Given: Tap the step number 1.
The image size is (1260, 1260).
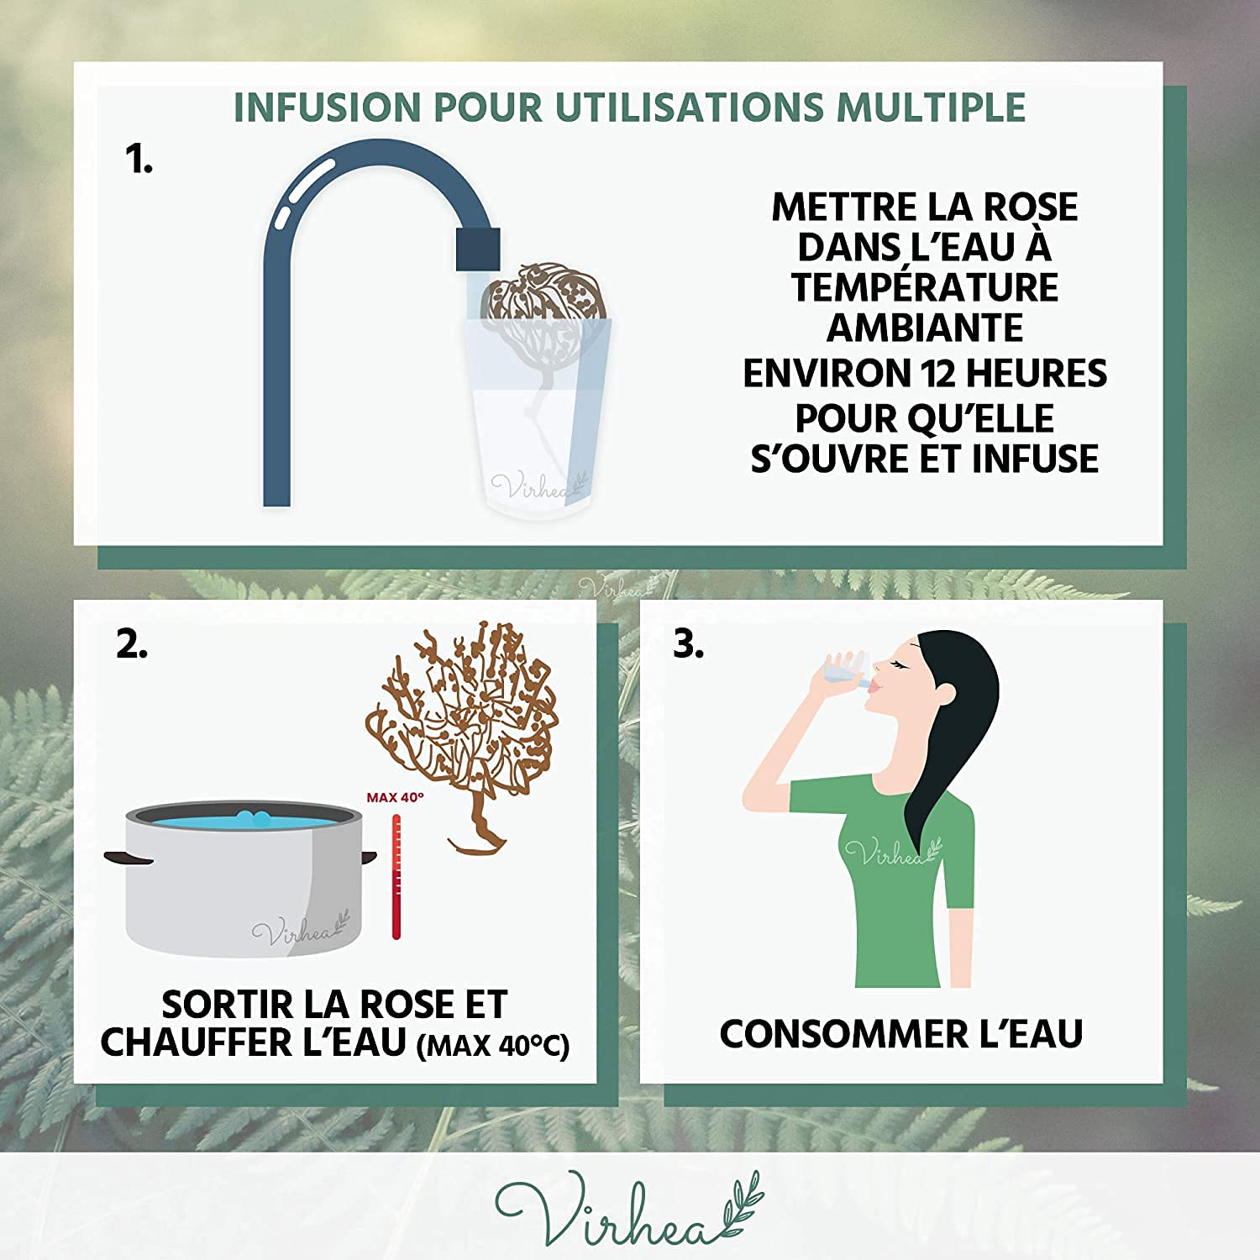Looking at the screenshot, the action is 139,159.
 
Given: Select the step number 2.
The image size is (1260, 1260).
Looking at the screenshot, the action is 132,644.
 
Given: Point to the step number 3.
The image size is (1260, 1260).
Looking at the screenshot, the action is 689,644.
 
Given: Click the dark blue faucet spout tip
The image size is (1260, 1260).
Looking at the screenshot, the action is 478,249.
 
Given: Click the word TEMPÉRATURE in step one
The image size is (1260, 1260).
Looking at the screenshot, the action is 925,287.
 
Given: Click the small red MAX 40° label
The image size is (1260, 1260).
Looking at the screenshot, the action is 395,797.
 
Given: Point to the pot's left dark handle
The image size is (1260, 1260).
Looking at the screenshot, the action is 128,857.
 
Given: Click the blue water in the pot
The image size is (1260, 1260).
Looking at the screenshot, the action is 244,817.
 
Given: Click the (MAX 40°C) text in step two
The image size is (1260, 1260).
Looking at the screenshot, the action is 493,1046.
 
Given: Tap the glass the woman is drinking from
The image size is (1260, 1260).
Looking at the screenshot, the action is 843,668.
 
